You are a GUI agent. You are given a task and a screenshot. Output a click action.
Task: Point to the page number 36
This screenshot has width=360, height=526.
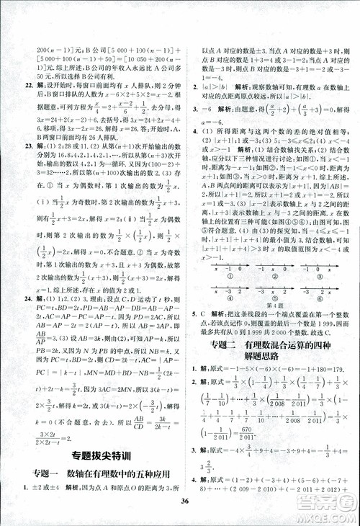tap(185, 502)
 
